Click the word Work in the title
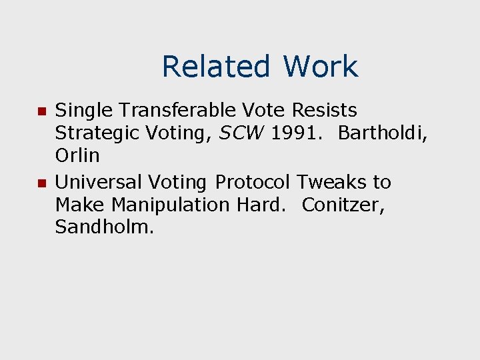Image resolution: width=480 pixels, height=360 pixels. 320,67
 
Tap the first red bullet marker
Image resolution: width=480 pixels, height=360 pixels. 40,110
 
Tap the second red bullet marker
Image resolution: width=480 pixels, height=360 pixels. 40,183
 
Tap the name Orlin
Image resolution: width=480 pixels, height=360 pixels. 77,155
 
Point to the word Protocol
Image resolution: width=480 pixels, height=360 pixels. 253,182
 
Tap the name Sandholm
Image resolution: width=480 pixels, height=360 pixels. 105,227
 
